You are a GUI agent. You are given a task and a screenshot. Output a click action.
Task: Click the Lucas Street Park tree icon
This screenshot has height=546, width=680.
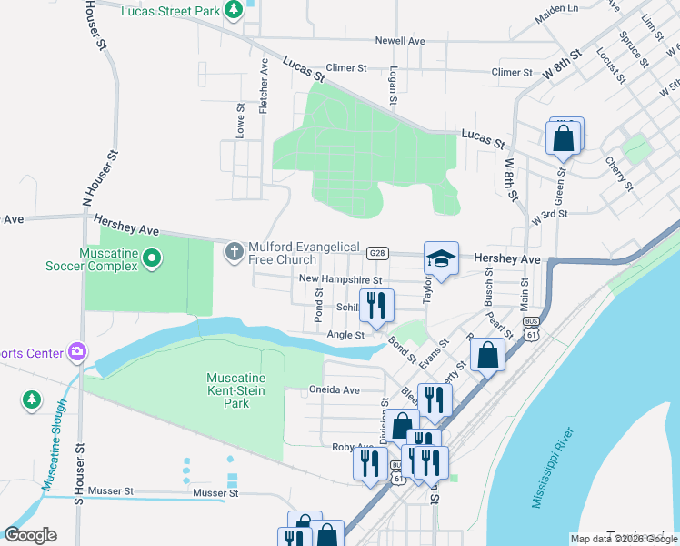(x=235, y=9)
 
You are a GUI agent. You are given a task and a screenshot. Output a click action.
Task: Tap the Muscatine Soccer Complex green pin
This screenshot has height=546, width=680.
(x=152, y=259)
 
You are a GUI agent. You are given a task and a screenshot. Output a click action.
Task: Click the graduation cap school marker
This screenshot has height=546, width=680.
(x=441, y=259)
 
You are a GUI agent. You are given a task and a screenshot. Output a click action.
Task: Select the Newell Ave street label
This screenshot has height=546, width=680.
(x=400, y=41)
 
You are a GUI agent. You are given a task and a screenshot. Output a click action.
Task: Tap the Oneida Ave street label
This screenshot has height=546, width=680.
(x=335, y=390)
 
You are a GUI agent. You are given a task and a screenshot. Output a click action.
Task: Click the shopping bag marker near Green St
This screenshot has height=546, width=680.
(x=564, y=139)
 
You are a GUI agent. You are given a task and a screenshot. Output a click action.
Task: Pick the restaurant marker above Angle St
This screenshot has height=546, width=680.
(x=375, y=307)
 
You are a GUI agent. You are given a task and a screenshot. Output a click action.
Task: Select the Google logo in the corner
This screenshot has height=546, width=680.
(x=30, y=535)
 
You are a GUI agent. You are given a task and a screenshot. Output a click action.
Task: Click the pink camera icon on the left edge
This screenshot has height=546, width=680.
(x=77, y=352)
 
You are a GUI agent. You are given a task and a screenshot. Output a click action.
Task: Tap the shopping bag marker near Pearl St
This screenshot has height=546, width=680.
(x=488, y=357)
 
